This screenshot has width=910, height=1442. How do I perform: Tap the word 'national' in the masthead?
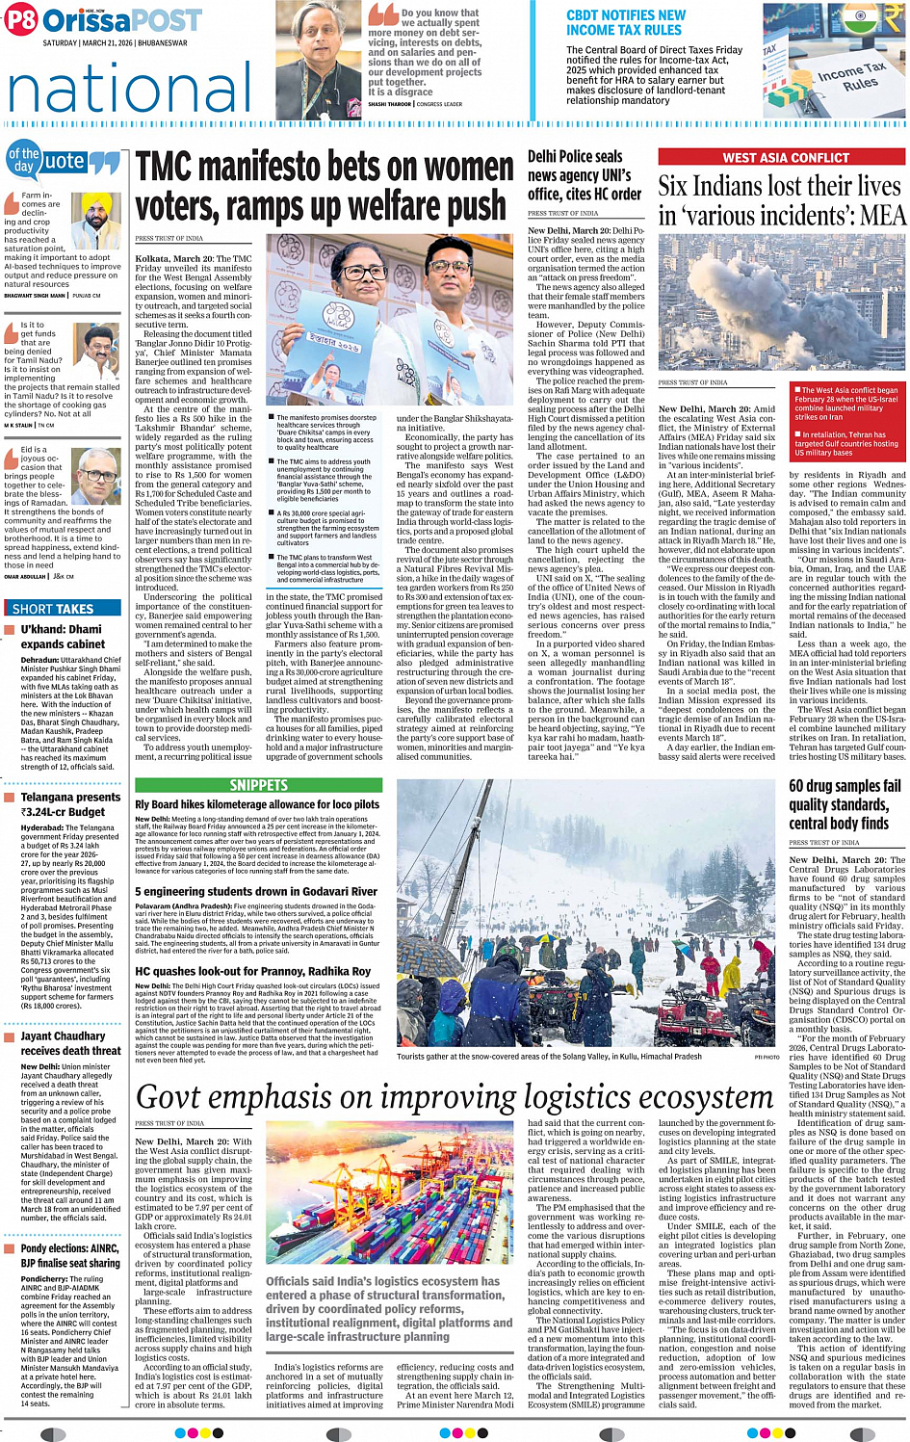[x=130, y=88]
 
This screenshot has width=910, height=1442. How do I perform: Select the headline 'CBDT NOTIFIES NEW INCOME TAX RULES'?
[x=626, y=23]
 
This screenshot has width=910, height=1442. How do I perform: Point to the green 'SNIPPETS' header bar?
[x=258, y=785]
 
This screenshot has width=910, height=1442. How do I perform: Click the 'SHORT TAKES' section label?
[x=53, y=608]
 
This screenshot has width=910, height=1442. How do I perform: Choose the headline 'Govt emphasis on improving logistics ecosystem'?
[x=454, y=1097]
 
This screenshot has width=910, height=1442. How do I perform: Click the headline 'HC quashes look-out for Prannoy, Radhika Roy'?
[x=252, y=971]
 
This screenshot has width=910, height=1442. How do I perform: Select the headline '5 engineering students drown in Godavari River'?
[x=256, y=891]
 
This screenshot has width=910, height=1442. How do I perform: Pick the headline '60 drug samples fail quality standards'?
[x=845, y=804]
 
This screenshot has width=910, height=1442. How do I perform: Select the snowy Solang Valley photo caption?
[x=549, y=1056]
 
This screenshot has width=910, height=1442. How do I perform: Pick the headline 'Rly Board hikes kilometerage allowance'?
[x=257, y=804]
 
